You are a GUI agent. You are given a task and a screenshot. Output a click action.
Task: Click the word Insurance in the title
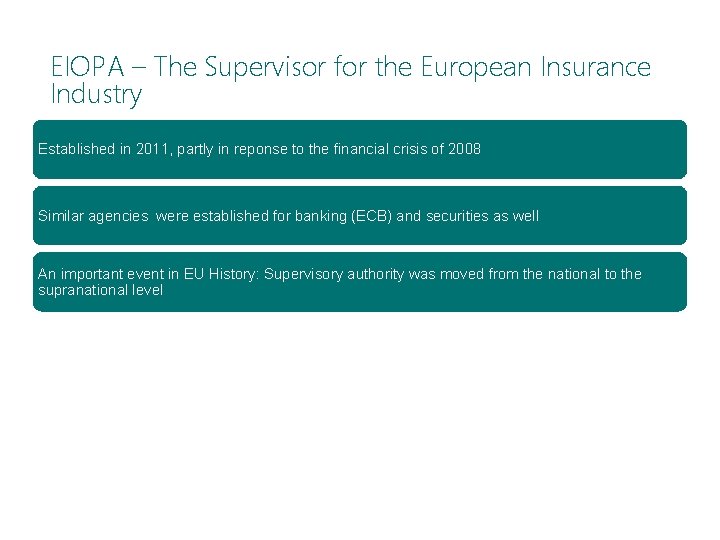596,68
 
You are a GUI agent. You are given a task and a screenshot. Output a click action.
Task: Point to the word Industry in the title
96,96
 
